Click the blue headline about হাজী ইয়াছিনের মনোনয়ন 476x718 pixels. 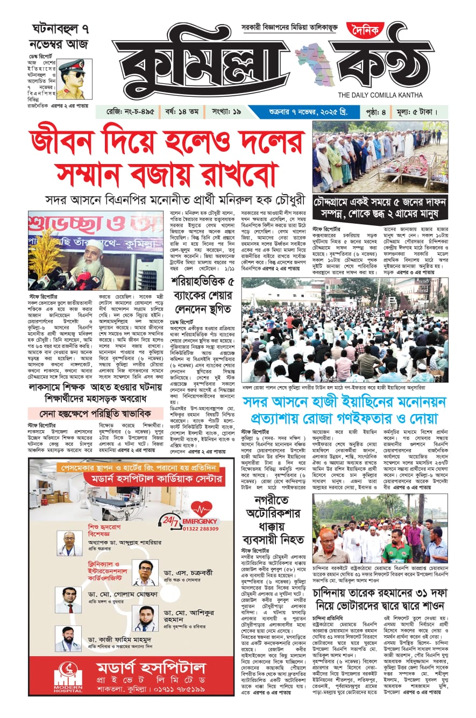tap(344, 410)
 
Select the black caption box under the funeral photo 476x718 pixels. tap(380, 208)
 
